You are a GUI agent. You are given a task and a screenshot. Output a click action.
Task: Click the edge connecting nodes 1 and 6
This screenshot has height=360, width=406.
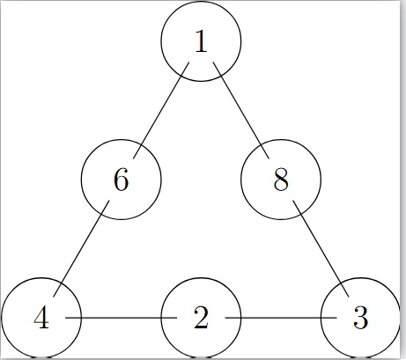(161, 110)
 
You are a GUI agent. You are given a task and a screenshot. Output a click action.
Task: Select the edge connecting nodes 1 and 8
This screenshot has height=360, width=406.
(241, 110)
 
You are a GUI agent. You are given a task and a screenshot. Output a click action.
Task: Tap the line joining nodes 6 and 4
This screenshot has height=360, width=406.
(81, 248)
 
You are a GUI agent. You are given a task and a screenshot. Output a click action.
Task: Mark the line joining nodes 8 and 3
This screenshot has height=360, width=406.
(321, 248)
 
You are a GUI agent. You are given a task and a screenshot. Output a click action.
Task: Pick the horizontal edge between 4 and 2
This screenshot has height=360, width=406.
(122, 318)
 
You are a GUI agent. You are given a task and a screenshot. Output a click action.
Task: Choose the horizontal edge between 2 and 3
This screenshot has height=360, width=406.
(281, 318)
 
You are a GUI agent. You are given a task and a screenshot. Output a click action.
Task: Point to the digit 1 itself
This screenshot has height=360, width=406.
(202, 41)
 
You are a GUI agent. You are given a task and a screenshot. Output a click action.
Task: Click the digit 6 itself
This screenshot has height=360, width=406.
(121, 180)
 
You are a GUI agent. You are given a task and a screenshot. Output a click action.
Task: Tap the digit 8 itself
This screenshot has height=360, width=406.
(281, 180)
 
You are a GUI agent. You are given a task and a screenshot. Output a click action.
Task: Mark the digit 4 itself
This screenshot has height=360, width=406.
(41, 318)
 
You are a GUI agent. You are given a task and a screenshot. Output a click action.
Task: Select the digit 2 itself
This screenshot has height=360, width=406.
(201, 318)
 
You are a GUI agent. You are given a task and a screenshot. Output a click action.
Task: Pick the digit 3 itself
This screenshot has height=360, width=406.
(361, 318)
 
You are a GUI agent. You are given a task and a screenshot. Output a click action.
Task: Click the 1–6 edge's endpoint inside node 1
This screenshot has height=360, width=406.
(189, 62)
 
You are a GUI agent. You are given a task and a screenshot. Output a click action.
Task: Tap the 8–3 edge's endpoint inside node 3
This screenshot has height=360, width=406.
(349, 297)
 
